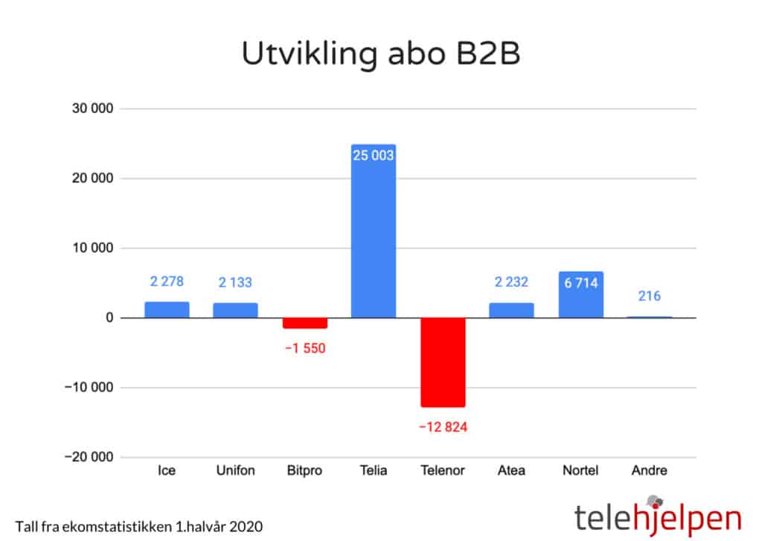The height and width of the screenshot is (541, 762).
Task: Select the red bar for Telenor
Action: (x=443, y=362)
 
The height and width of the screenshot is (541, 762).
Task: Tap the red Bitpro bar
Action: (x=304, y=323)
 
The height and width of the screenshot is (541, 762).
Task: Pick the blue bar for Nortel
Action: (x=580, y=295)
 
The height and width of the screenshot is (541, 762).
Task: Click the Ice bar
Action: (x=167, y=310)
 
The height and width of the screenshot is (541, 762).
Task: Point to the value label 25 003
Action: (x=374, y=156)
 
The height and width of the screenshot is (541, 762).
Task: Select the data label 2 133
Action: (x=235, y=282)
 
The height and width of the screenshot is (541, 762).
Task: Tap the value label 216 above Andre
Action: (x=650, y=296)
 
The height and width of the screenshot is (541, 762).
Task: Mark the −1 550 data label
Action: (x=304, y=348)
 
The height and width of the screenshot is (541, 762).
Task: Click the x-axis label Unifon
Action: (x=235, y=470)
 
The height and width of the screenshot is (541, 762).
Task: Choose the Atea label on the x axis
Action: (x=511, y=470)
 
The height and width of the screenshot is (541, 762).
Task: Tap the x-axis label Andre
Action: (x=650, y=470)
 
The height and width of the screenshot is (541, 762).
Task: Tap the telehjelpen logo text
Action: (x=657, y=517)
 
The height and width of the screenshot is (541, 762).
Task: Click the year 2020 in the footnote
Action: (x=247, y=526)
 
